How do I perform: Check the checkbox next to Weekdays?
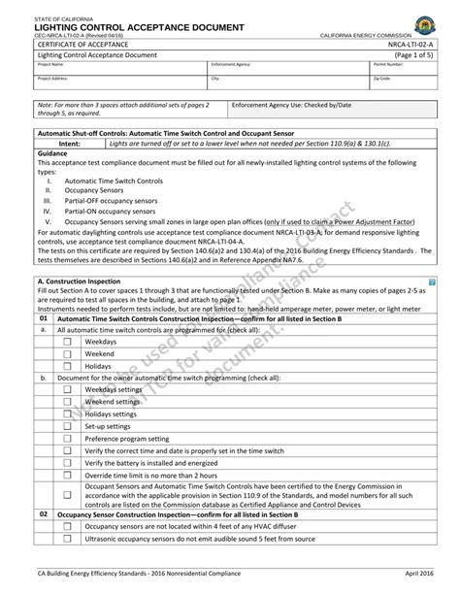point(68,343)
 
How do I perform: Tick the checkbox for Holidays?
point(68,367)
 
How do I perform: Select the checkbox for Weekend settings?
point(68,402)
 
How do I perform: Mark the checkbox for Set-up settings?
point(68,426)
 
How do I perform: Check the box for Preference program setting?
point(68,439)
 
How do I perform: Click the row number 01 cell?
point(44,318)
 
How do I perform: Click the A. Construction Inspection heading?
point(77,280)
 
